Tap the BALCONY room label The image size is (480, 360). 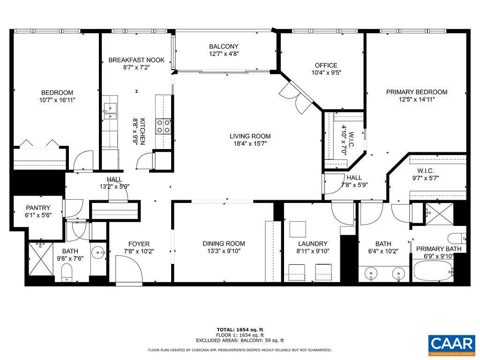[224, 46]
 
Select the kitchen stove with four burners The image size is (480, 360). [163, 126]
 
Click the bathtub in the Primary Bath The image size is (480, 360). [433, 271]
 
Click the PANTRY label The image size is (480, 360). [38, 208]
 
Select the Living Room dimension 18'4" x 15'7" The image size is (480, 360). [250, 144]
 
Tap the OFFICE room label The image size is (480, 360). [326, 66]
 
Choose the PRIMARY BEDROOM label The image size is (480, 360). [416, 92]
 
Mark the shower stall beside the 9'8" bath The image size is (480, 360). [38, 258]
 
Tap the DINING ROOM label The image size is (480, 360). [224, 243]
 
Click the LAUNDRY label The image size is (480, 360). [312, 243]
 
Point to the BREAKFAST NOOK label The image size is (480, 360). [136, 60]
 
